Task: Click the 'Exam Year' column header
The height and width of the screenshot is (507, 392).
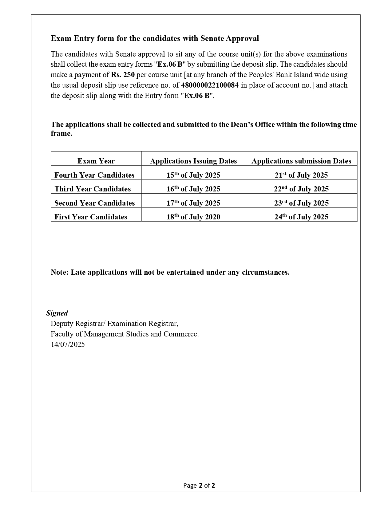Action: click(96, 161)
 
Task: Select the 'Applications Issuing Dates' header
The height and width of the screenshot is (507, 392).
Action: click(193, 161)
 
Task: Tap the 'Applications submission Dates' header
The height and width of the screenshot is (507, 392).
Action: click(301, 161)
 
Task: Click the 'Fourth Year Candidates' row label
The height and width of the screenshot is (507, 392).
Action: click(94, 175)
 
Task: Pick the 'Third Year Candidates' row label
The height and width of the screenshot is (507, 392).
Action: click(93, 189)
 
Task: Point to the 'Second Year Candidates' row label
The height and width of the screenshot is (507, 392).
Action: click(94, 203)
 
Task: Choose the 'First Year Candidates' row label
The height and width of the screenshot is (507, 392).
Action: click(91, 217)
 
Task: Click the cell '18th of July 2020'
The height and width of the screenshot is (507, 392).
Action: click(193, 217)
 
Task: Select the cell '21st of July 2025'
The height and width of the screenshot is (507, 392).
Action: click(301, 175)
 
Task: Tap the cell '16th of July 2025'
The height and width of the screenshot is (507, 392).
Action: click(193, 189)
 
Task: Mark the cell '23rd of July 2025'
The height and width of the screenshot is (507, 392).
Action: click(301, 203)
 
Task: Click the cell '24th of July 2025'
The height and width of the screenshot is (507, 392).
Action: click(301, 217)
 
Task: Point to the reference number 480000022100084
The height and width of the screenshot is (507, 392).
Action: click(210, 85)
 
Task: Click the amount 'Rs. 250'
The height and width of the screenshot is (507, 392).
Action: click(123, 75)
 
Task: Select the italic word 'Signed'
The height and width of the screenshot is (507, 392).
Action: click(57, 313)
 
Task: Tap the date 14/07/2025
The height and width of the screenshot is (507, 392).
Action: click(68, 344)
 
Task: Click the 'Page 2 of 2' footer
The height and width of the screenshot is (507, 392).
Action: click(199, 485)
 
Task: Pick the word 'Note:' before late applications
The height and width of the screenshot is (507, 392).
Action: click(60, 272)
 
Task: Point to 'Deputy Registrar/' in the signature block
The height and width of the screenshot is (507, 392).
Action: click(78, 324)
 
